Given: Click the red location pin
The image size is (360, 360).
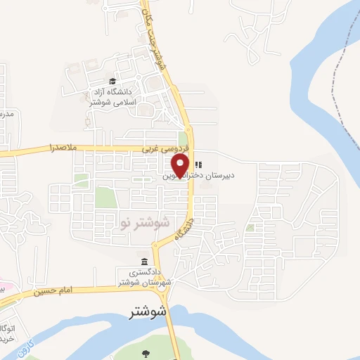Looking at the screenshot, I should pos(180,165).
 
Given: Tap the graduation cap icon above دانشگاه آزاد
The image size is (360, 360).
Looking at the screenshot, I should pos(113,81).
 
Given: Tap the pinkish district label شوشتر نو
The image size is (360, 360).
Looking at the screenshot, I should pos(146,224).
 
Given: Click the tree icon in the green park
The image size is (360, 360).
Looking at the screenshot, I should pos(146,353).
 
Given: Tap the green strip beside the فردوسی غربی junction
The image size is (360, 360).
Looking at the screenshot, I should pos(184,139).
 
